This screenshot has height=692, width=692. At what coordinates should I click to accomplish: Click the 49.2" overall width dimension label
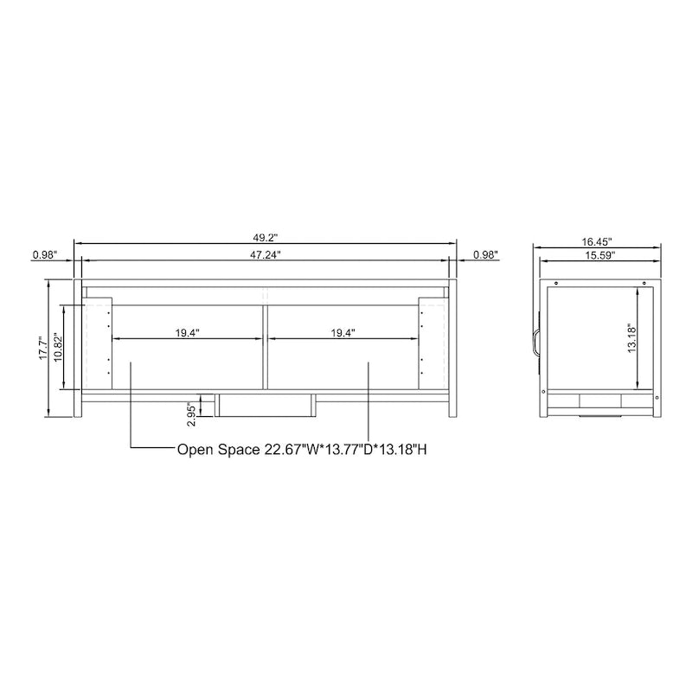click(266, 236)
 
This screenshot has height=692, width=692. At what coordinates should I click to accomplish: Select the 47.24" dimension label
click(266, 254)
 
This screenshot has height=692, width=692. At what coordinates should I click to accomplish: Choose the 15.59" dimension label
click(599, 255)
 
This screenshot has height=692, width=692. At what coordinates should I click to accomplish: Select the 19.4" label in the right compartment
click(342, 332)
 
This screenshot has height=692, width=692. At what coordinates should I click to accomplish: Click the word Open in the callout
click(195, 450)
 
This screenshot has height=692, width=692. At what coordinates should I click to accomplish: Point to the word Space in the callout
click(240, 450)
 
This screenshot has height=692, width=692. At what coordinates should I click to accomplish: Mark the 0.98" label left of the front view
click(44, 254)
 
